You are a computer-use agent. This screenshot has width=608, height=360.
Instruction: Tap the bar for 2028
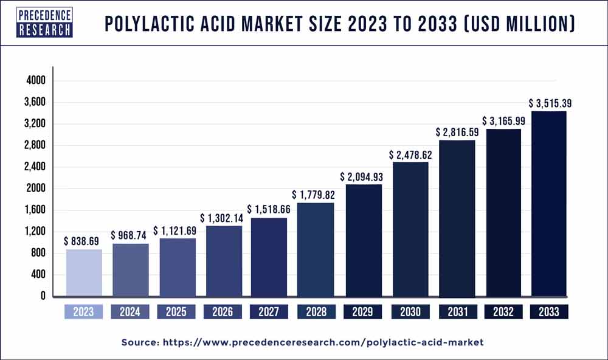point(316,249)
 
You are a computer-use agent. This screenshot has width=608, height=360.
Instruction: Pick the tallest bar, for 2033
point(549,204)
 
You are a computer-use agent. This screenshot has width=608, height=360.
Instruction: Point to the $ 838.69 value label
point(83,241)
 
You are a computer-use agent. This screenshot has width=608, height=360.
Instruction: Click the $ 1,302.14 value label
point(223,218)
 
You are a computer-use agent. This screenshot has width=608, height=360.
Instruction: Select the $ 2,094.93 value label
point(363,176)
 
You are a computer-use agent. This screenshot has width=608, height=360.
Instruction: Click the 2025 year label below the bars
point(176,312)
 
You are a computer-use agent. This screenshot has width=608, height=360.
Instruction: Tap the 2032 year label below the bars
point(503,312)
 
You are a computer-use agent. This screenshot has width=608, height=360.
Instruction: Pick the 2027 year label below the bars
point(269,312)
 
